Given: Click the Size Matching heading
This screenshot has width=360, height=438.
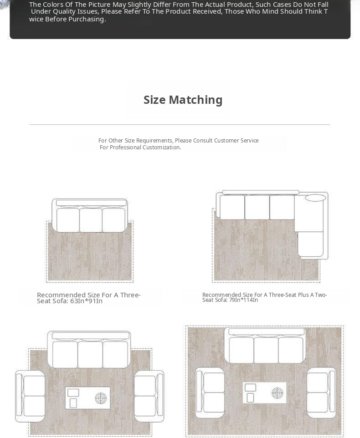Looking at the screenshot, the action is pos(183,100).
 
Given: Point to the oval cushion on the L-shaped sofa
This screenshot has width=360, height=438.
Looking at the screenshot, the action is pos(315,198).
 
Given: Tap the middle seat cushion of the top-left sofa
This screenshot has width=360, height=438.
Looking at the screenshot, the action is pos(91,220).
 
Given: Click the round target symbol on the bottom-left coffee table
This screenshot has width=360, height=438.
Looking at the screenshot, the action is pos(101,398).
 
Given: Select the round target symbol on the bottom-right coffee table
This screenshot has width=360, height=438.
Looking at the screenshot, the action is pos(277,393).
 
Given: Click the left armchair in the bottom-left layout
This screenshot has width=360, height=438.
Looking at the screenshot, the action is pos(30,396).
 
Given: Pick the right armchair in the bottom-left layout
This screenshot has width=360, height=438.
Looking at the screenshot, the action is pos(149,396).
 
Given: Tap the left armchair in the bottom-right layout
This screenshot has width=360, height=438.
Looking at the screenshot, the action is pos(210,393).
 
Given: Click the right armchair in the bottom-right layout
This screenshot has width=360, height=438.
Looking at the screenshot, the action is pos(321,393).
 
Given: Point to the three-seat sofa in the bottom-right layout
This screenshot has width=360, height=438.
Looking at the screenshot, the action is pos(266,346).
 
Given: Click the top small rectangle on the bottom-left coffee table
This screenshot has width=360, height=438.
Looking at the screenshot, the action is pos(73,392).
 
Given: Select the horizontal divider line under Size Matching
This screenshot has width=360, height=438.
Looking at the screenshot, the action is pos(180,124).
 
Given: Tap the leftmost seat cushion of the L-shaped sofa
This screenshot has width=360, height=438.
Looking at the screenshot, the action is pos(232,207).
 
